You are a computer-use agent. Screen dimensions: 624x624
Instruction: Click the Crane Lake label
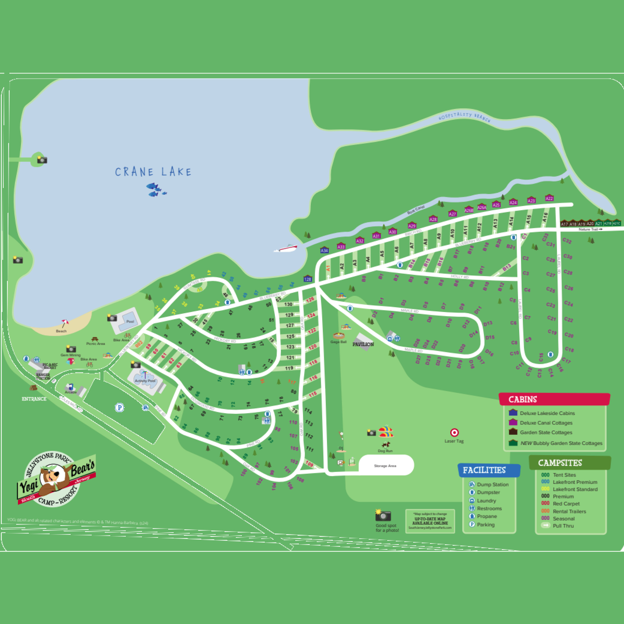(x=153, y=172)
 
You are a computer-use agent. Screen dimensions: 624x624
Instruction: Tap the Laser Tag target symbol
(x=454, y=432)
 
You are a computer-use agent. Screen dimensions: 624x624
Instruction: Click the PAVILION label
(x=363, y=344)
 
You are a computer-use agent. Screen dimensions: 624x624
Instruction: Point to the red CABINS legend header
(x=554, y=399)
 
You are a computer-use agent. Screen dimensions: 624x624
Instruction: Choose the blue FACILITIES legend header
(x=489, y=470)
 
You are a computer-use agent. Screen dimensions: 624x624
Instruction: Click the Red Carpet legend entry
(x=566, y=504)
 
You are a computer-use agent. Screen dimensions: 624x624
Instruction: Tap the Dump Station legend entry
(x=493, y=484)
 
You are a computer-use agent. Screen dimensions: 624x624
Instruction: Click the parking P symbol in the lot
(x=119, y=408)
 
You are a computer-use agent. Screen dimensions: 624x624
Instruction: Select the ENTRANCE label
(x=34, y=399)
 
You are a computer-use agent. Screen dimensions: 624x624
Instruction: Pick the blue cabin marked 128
(x=307, y=279)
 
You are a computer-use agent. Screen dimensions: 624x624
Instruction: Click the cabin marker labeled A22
(x=549, y=198)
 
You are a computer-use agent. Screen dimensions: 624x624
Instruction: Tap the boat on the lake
(x=286, y=248)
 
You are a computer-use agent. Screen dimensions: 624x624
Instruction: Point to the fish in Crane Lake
(x=156, y=190)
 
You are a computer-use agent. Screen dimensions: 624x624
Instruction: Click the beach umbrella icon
(x=65, y=323)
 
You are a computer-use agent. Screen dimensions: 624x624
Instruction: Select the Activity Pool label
(x=145, y=381)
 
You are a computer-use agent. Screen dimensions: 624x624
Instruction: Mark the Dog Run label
(x=385, y=451)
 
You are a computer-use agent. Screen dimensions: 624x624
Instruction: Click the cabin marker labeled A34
(x=324, y=250)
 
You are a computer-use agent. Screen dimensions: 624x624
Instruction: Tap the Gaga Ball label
(x=339, y=342)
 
